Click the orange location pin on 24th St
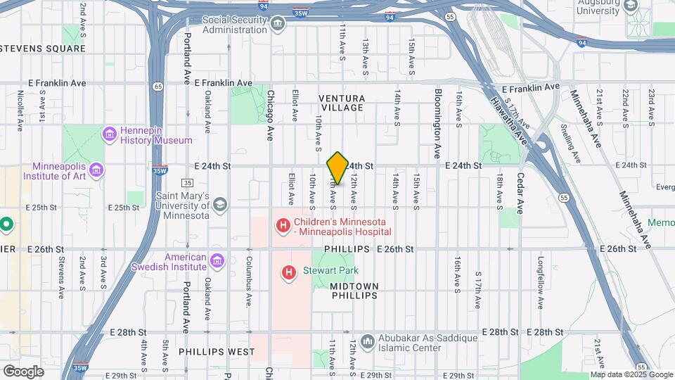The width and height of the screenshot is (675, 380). click(337, 167)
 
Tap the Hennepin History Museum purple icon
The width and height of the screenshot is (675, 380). click(110, 133)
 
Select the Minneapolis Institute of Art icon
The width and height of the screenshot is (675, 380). click(96, 170)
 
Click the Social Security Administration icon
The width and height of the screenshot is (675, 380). click(278, 25)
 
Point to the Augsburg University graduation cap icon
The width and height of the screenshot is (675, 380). click(630, 6)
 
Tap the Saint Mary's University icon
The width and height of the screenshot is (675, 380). click(219, 205)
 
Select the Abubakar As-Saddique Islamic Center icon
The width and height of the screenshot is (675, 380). click(366, 341)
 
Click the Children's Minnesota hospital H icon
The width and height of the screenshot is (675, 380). click(283, 226)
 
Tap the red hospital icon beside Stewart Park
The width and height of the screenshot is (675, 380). click(288, 272)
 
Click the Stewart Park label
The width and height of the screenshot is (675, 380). click(332, 271)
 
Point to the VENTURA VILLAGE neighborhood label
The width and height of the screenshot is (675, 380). click(341, 103)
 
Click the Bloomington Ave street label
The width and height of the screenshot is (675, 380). click(437, 122)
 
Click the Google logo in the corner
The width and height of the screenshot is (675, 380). click(23, 371)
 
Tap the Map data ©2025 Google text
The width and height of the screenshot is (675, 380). click(631, 374)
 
